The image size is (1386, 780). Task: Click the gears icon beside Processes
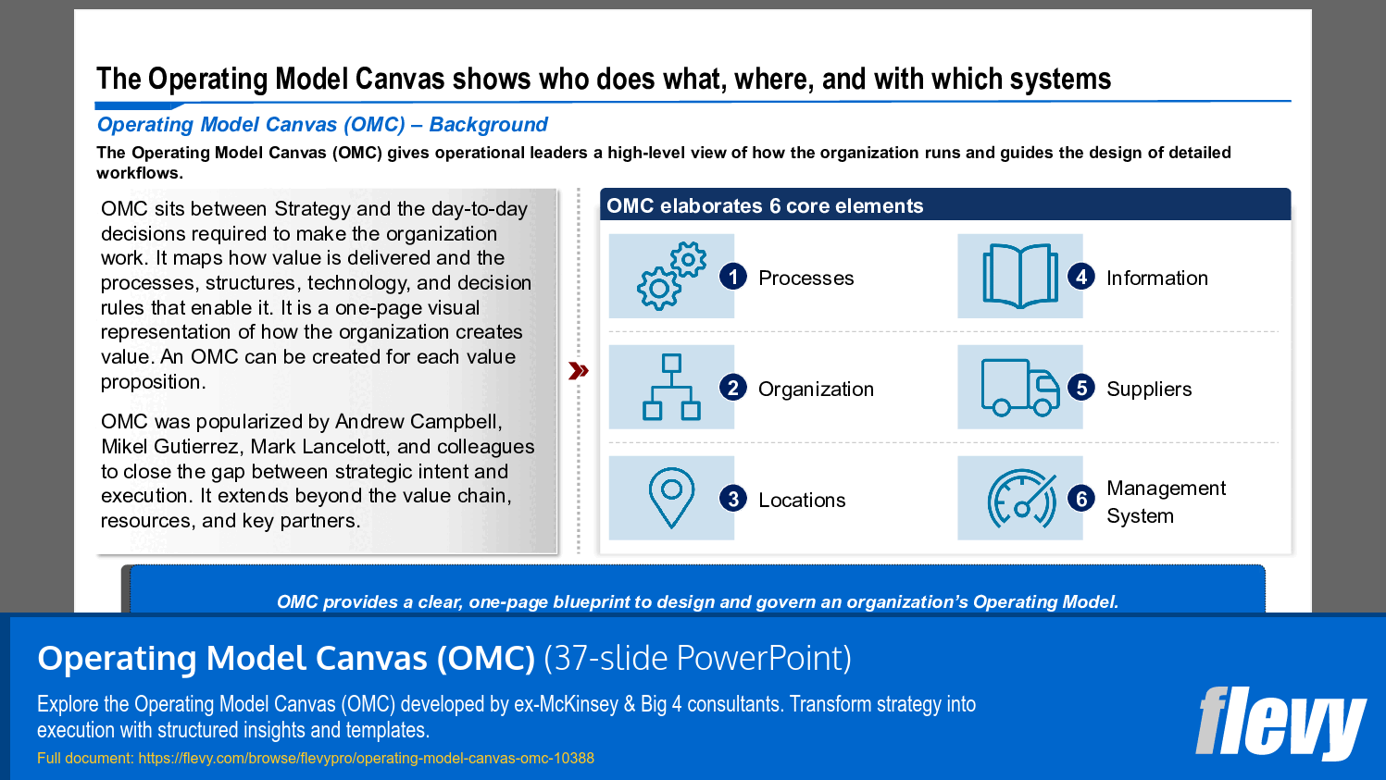(x=671, y=276)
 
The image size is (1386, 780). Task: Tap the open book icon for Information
(x=1019, y=276)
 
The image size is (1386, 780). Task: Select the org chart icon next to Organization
(x=671, y=387)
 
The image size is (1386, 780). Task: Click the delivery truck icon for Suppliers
(x=1019, y=387)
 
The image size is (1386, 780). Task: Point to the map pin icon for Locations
(x=671, y=498)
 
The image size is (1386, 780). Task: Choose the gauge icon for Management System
(x=1020, y=499)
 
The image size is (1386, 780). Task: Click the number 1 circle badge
(x=733, y=277)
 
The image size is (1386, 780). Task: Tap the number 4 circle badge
(x=1081, y=277)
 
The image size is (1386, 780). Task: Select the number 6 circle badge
(x=1081, y=499)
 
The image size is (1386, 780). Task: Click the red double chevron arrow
(x=579, y=371)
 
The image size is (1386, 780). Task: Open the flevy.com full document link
(x=366, y=759)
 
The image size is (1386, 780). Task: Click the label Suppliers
(x=1149, y=390)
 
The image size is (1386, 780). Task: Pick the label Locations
(x=802, y=501)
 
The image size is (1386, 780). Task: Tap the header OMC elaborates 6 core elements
(x=765, y=206)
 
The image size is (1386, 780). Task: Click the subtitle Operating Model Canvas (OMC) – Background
(x=322, y=125)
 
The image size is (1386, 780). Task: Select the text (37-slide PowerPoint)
(x=697, y=658)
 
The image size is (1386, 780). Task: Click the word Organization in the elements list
(x=816, y=390)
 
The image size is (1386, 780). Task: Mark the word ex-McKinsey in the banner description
(x=566, y=704)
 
